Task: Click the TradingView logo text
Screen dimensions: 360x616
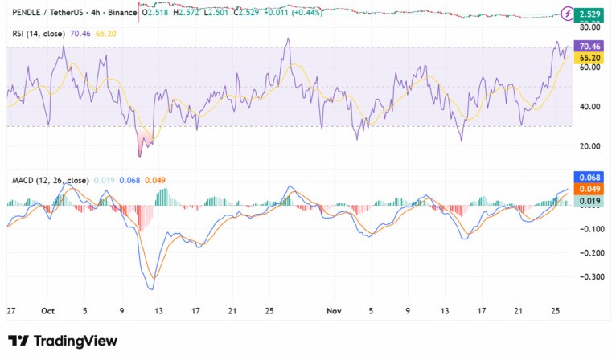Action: coord(63,341)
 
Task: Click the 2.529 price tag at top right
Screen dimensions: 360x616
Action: coord(593,14)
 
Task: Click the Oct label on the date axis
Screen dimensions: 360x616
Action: coord(47,310)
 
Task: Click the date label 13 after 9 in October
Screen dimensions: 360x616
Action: coord(159,310)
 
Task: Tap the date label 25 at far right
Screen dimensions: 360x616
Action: coord(555,310)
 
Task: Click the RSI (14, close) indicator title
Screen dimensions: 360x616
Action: coord(39,33)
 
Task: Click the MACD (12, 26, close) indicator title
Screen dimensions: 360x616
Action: coord(50,180)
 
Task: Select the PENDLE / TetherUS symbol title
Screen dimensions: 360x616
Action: coord(47,14)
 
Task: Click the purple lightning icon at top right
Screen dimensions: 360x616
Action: coord(568,14)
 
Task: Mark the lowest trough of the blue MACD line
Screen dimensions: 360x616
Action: coord(150,288)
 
